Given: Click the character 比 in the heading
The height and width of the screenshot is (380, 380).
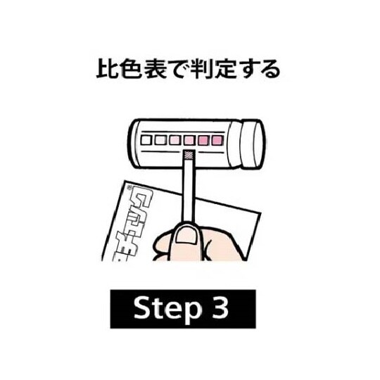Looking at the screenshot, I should click(x=107, y=70).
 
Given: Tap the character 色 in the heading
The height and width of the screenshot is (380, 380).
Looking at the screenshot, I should click(x=131, y=70).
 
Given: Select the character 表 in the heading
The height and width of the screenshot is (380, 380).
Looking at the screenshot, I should click(x=155, y=70).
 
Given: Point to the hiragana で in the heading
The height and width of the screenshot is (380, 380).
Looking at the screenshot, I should click(x=178, y=70).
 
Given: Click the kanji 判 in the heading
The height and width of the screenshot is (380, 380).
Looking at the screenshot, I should click(x=201, y=70).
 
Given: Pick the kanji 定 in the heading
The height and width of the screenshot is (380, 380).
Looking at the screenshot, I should click(x=225, y=70).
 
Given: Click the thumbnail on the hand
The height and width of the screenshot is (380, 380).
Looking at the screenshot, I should click(x=186, y=236).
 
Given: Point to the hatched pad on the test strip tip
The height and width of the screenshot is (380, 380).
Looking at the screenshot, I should click(x=189, y=154).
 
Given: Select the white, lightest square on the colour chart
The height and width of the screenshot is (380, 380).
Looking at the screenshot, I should click(x=146, y=140).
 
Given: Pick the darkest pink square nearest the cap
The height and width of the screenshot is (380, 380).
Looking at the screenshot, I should click(x=218, y=140).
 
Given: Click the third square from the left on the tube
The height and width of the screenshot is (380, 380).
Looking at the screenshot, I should click(x=175, y=140).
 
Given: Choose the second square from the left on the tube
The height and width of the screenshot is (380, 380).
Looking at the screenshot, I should click(x=160, y=140).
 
